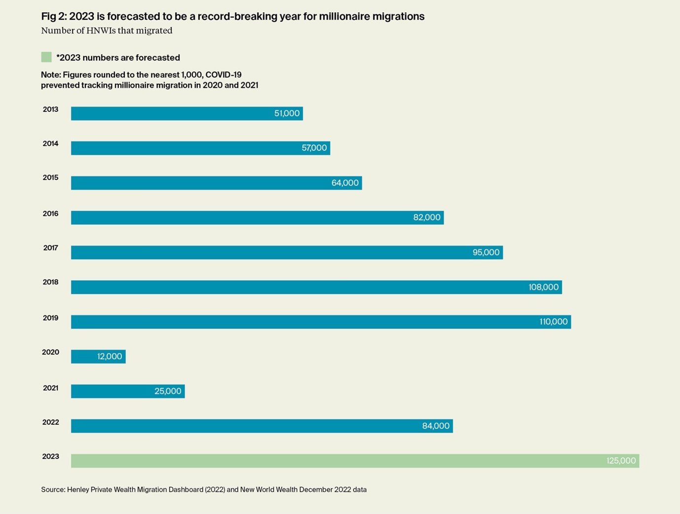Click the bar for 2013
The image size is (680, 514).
[173, 113]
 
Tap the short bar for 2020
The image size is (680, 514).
[84, 356]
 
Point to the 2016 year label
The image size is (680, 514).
[50, 213]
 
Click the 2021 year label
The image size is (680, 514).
[50, 388]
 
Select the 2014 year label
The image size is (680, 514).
[50, 143]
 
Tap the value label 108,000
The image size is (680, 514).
[543, 287]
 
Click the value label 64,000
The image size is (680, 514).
[345, 183]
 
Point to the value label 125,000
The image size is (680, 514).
[621, 461]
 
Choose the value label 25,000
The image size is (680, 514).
[168, 391]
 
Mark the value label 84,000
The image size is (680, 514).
[435, 426]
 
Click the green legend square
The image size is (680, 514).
[46, 57]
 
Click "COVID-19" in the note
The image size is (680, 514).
[223, 75]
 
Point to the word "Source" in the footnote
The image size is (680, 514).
[52, 490]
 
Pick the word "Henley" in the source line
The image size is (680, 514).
[78, 490]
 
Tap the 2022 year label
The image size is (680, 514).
[50, 422]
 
